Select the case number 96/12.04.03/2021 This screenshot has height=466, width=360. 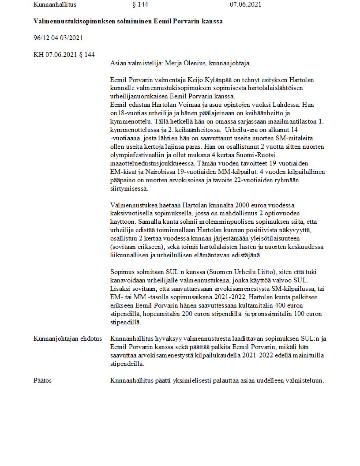coord(58,38)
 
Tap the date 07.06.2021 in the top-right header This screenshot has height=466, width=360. coord(245,4)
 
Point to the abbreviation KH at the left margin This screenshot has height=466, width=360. coord(38,55)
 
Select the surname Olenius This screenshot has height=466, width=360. coord(191,63)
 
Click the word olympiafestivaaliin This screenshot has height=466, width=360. coord(139,155)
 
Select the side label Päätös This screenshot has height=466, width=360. coord(42,380)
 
